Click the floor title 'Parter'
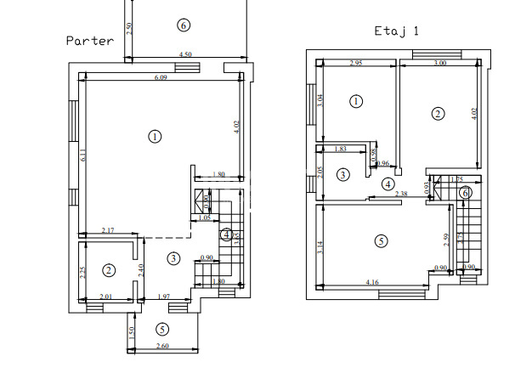coord(90,40)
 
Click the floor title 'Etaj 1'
coord(397,31)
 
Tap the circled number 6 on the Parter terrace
coord(184,25)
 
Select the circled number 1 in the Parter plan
coord(155,136)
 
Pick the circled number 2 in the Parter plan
coord(109,270)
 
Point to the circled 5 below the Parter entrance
coord(162,330)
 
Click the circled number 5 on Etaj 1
coord(380,241)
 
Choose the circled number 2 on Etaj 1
coord(438,114)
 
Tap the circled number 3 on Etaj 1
coord(342,175)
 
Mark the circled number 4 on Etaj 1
coord(388,184)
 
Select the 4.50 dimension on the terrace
coord(184,55)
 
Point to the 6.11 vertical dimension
coord(83,155)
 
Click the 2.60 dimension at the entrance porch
coord(161,347)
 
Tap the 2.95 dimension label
coord(356,63)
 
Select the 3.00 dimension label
coord(439,63)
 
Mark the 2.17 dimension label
coord(109,231)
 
